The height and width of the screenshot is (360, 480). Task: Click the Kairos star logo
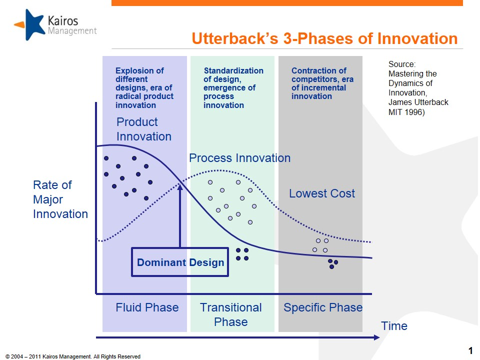coord(29,24)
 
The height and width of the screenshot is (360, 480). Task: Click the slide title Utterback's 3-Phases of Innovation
coord(324,38)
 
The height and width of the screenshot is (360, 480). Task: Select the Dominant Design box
coord(180,262)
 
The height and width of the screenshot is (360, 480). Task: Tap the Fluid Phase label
coord(147,307)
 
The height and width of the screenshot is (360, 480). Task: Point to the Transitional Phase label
coord(230,314)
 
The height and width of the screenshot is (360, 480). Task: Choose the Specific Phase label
coord(322,307)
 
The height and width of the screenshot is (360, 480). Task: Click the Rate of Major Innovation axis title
coord(60,199)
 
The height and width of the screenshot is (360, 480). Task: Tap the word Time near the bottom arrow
coord(394,326)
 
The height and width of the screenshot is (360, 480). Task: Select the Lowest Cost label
coord(322,193)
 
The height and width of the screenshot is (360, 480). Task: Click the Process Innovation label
coord(239,158)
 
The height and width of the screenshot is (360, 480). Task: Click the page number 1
coord(470,350)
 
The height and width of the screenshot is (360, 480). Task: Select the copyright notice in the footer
coord(73,356)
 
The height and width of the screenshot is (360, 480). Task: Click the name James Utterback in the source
coord(418,102)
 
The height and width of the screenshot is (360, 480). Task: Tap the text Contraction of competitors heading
coord(322,83)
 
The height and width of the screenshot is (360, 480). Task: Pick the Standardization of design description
coord(233,88)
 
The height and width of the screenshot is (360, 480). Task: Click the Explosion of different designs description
coord(144,88)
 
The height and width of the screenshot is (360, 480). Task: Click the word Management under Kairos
coord(73,31)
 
